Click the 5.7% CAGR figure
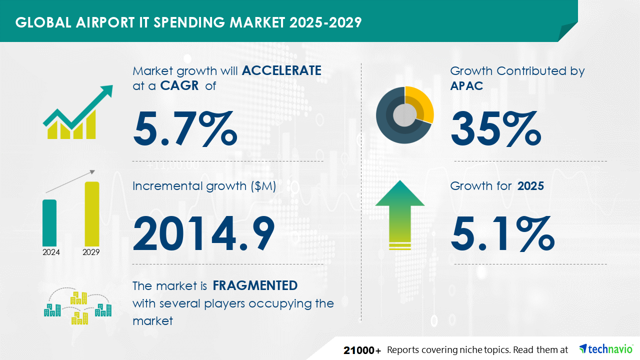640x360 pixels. (185, 128)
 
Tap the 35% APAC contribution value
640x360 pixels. (496, 128)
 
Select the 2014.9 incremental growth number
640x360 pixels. (203, 233)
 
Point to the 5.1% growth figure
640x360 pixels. (502, 233)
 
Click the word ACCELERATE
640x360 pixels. (281, 70)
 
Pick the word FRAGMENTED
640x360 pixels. (255, 285)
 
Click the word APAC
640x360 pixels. (466, 85)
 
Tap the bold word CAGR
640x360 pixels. (179, 85)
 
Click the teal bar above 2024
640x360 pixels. (49, 223)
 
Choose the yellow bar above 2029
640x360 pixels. (92, 214)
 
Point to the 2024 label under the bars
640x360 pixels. (51, 252)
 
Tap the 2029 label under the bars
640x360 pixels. (91, 252)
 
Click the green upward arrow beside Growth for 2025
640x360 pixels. (400, 215)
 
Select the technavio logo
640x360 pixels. (606, 349)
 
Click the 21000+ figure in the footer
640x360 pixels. (362, 350)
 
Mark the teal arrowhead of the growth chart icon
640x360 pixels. (106, 91)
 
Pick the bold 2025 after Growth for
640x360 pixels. (530, 186)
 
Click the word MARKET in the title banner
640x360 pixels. (257, 22)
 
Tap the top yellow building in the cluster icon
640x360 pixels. (78, 298)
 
